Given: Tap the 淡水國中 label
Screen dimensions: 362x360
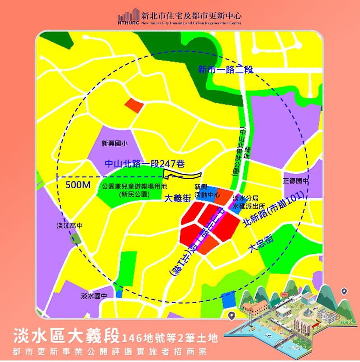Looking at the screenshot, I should [x=94, y=296].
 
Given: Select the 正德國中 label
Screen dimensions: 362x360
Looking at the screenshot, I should [x=295, y=181].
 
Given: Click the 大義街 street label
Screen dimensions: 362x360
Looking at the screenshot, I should [x=177, y=198].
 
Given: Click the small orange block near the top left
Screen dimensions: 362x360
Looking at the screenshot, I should [x=133, y=105].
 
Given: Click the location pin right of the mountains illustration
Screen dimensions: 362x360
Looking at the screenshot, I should [x=344, y=291].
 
